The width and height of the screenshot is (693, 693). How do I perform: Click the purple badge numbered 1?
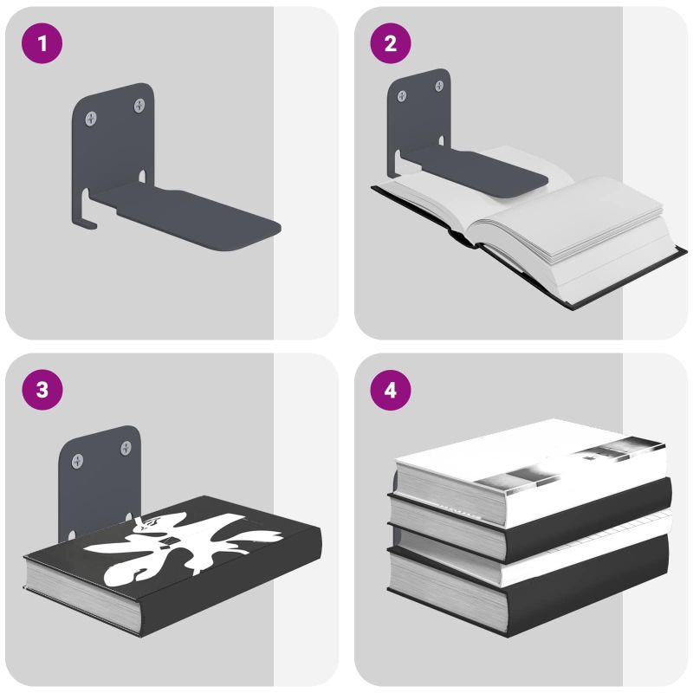(x=42, y=43)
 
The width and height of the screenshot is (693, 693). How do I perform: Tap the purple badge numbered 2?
(x=391, y=43)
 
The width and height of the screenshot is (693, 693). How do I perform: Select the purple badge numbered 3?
(x=42, y=390)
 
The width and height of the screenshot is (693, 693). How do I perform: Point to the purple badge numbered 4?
(x=391, y=390)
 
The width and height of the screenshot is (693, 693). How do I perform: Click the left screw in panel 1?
(x=91, y=119)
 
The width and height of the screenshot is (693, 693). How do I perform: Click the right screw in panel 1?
(x=139, y=105)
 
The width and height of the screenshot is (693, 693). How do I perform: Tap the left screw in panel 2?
(x=402, y=96)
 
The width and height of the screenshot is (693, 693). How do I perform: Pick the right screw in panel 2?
(x=439, y=86)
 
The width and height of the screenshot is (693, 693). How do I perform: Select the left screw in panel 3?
(x=77, y=461)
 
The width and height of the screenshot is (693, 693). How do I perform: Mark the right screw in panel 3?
(x=126, y=448)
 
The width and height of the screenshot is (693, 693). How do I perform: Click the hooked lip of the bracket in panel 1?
(x=86, y=212)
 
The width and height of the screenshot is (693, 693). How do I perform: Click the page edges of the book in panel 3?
(x=81, y=593)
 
